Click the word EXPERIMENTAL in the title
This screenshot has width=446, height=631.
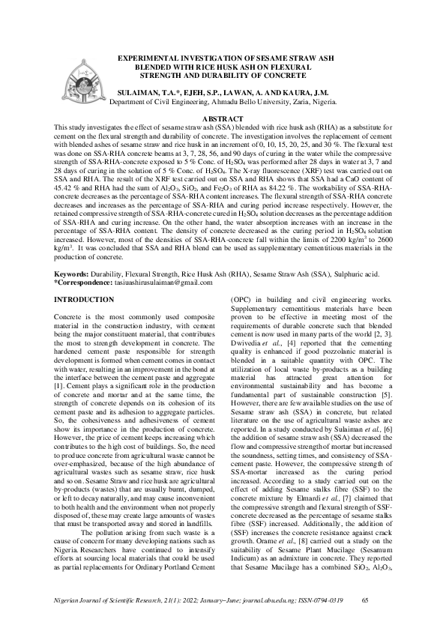[x=148, y=58]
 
